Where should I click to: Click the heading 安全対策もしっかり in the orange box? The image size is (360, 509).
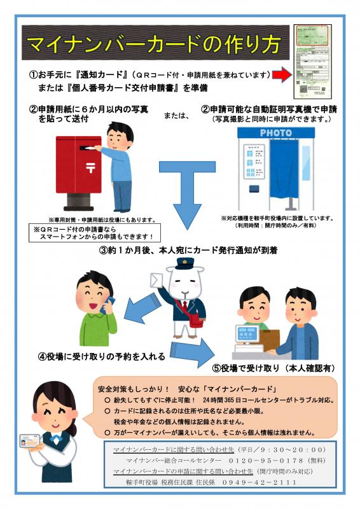pyautogui.click(x=134, y=388)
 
